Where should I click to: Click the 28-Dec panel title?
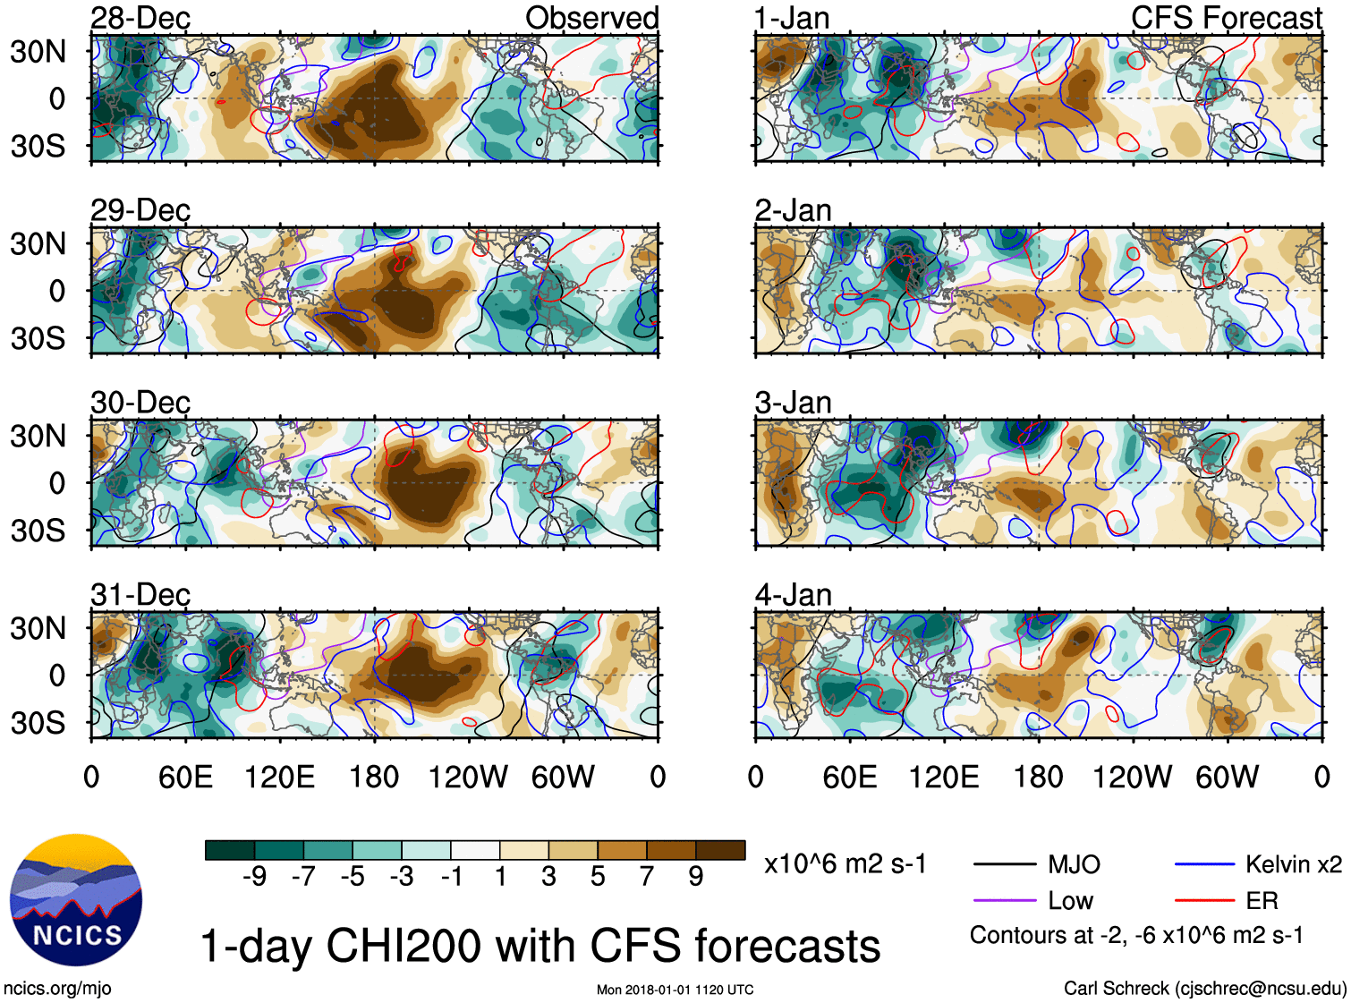pyautogui.click(x=140, y=18)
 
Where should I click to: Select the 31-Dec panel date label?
pyautogui.click(x=140, y=594)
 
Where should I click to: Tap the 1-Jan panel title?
pyautogui.click(x=792, y=18)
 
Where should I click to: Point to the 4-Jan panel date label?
pyautogui.click(x=794, y=594)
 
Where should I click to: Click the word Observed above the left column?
pyautogui.click(x=591, y=18)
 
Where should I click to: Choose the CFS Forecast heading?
pyautogui.click(x=1226, y=18)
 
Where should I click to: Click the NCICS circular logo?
pyautogui.click(x=76, y=899)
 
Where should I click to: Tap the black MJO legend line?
pyautogui.click(x=1005, y=864)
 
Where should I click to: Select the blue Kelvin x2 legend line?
pyautogui.click(x=1204, y=864)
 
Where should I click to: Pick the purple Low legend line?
pyautogui.click(x=1005, y=901)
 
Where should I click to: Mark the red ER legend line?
pyautogui.click(x=1204, y=901)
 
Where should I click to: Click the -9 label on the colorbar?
pyautogui.click(x=254, y=877)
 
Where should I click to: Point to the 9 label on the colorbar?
pyautogui.click(x=696, y=877)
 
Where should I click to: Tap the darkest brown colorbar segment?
pyautogui.click(x=720, y=850)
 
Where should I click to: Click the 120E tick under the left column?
pyautogui.click(x=280, y=777)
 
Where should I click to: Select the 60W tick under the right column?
pyautogui.click(x=1227, y=777)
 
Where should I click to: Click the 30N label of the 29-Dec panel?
pyautogui.click(x=38, y=243)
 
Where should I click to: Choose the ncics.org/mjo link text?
pyautogui.click(x=57, y=988)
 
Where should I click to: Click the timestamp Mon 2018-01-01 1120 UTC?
pyautogui.click(x=675, y=990)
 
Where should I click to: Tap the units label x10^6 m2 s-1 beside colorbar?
pyautogui.click(x=845, y=864)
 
